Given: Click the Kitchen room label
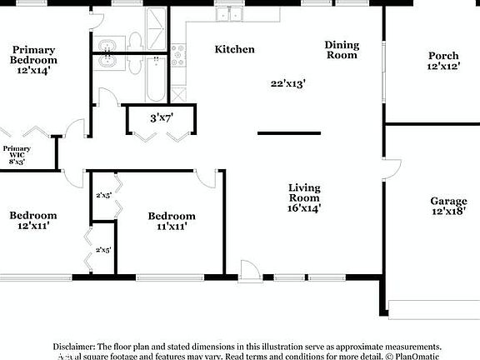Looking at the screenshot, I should tap(234, 49).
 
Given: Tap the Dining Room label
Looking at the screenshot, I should tap(342, 50).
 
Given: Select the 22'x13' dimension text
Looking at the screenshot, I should tap(288, 83).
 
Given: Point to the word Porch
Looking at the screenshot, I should tap(443, 55).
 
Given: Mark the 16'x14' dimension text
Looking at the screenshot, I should tap(304, 208).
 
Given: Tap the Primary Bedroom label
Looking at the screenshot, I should tap(34, 55).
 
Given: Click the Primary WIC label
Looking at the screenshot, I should tap(17, 152).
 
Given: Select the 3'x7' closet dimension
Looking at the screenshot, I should tap(160, 118).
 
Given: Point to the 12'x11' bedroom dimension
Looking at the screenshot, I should tap(33, 226).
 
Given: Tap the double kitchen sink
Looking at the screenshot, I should tap(227, 14).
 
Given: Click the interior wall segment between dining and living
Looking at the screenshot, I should tap(288, 132).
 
